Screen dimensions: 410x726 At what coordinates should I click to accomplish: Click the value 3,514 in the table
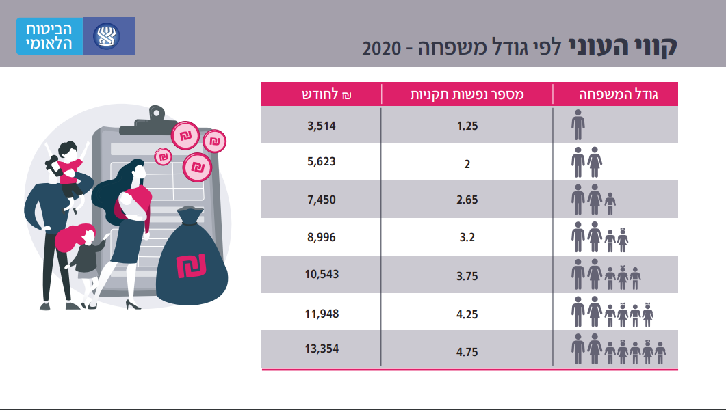tap(321, 126)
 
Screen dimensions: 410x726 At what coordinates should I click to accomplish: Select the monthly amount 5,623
tap(321, 163)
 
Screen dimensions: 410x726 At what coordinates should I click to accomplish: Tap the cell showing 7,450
tap(321, 200)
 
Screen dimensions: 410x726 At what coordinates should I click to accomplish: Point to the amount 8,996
tap(321, 237)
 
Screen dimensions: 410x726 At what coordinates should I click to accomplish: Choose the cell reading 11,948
tap(321, 314)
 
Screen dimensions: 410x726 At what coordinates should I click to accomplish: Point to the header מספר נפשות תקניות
tap(467, 94)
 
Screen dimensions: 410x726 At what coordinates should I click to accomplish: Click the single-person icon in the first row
tap(578, 126)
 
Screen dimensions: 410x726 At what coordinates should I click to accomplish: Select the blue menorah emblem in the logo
tap(109, 36)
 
